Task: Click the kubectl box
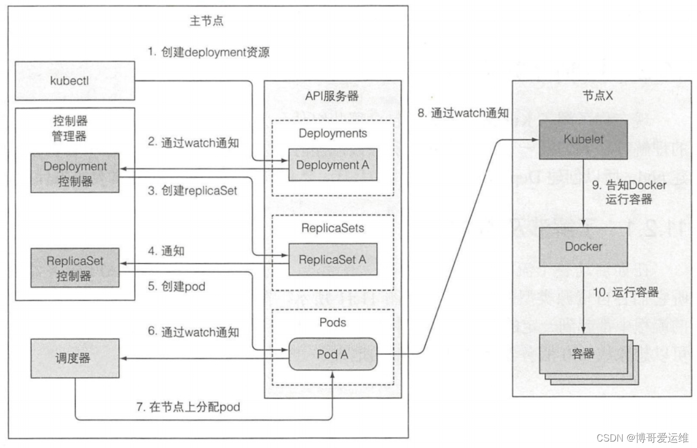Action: [x=74, y=81]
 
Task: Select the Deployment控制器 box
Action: [x=75, y=174]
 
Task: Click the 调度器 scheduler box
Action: [x=75, y=358]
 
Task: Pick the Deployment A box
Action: [x=333, y=165]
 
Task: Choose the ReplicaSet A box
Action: [x=333, y=259]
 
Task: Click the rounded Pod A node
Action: [x=333, y=354]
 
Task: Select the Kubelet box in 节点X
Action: [x=583, y=139]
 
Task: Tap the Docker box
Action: [x=583, y=247]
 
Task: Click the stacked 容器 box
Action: [x=583, y=354]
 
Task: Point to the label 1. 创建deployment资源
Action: [x=209, y=53]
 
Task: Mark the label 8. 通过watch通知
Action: [x=463, y=113]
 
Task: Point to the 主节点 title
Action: [x=206, y=21]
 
